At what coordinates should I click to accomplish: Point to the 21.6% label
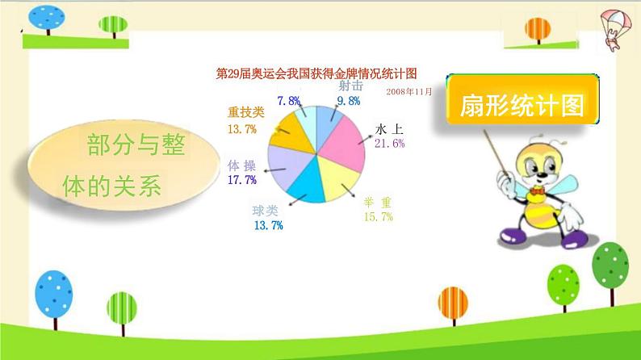click(x=390, y=144)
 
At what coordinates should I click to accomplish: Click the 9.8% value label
click(x=349, y=101)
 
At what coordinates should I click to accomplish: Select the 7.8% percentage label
click(x=289, y=101)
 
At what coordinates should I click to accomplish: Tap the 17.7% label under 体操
click(x=242, y=180)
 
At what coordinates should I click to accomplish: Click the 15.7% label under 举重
click(x=379, y=216)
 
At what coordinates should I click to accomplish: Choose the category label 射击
click(x=350, y=86)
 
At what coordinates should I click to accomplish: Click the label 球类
click(x=265, y=211)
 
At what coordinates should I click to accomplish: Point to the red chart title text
click(x=316, y=74)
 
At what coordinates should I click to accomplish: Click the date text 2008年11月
click(x=408, y=91)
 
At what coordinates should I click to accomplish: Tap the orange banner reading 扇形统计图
click(x=522, y=99)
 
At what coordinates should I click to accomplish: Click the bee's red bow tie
click(x=537, y=190)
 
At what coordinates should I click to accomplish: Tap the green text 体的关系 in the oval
click(x=112, y=186)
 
